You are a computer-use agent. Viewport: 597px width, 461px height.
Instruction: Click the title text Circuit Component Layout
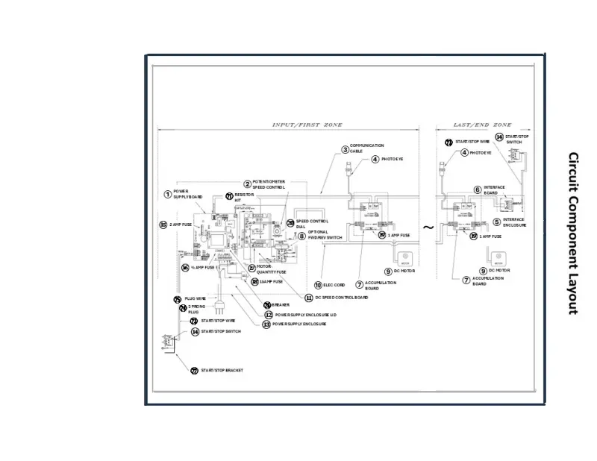[x=573, y=233]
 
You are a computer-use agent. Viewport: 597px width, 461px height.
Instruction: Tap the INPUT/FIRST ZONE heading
[x=307, y=125]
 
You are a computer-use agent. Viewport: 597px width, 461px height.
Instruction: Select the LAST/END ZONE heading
[x=483, y=125]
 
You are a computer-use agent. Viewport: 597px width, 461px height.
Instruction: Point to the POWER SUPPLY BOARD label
[x=187, y=194]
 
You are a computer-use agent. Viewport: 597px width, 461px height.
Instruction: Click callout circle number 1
[x=168, y=194]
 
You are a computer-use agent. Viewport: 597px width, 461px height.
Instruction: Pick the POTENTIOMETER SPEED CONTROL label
[x=269, y=184]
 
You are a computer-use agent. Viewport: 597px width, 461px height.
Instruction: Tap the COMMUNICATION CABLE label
[x=366, y=148]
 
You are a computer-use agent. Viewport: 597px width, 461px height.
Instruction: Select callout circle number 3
[x=345, y=149]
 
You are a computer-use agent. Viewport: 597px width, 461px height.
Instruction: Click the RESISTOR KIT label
[x=244, y=197]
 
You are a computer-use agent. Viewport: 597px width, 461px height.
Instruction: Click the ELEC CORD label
[x=334, y=285]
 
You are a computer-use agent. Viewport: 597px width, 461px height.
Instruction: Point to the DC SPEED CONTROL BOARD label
[x=342, y=298]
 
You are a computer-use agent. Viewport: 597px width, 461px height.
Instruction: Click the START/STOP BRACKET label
[x=222, y=371]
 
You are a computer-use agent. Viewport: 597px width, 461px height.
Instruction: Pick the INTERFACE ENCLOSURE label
[x=514, y=222]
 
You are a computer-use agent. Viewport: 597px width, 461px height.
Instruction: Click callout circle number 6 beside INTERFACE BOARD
[x=478, y=189]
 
